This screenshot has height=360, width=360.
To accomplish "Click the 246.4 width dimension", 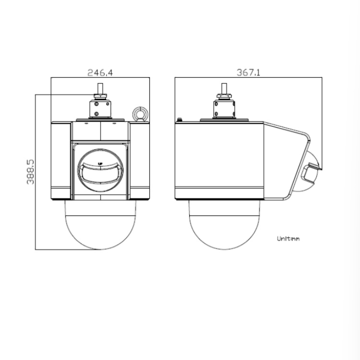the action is pos(100,72).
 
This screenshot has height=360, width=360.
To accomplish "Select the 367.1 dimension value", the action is pos(249,72).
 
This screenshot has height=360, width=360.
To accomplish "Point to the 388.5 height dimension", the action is pos(30,172).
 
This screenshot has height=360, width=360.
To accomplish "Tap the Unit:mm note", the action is pos(288,239).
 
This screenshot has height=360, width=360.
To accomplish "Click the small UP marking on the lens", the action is pos(100,164).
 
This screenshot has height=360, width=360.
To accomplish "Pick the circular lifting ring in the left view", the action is pos(140,114).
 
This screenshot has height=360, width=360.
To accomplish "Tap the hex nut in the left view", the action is pos(100,96).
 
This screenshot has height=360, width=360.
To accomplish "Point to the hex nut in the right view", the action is pos(224,96).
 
